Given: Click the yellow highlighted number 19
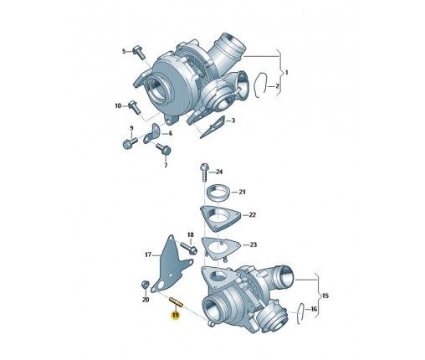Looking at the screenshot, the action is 176,316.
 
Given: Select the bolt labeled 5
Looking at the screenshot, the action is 138,52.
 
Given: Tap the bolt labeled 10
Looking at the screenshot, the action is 135,107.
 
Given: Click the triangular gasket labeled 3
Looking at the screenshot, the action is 212,126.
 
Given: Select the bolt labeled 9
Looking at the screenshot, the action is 129,142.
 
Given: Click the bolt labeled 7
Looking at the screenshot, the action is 164,148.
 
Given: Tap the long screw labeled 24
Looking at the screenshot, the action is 204,172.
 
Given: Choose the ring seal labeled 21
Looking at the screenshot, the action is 219,193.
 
